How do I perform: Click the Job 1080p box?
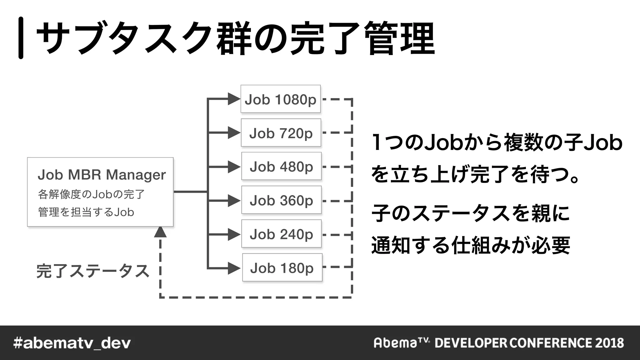(280, 99)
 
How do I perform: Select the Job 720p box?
(281, 133)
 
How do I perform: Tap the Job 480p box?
(281, 166)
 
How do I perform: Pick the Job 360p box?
(281, 200)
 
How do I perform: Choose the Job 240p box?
(281, 234)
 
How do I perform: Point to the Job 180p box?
(282, 267)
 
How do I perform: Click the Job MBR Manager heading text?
(102, 175)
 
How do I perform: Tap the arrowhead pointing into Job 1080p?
(233, 99)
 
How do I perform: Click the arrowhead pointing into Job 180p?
(233, 268)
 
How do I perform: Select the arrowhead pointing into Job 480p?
(233, 167)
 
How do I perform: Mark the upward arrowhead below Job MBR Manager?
(160, 232)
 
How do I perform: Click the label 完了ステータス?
(93, 271)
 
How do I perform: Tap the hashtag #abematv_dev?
(72, 343)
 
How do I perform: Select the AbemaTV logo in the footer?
(402, 343)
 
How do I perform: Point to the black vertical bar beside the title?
(21, 38)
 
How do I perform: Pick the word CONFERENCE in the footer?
(551, 343)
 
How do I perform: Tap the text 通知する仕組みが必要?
(471, 245)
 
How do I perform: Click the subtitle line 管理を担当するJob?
(86, 212)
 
